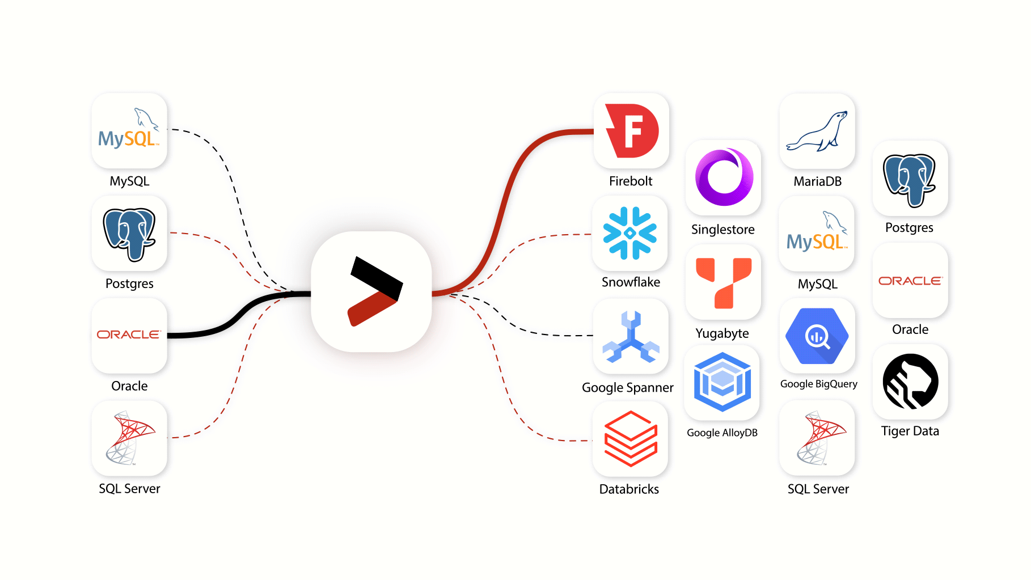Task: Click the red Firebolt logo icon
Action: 631,131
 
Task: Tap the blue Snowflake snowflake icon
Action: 630,233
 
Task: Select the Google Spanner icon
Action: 631,337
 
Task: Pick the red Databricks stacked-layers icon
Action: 631,439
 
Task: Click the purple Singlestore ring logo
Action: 724,177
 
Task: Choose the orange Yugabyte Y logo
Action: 723,282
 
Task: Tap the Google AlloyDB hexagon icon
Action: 722,382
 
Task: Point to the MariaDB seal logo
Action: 817,132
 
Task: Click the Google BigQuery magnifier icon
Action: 817,336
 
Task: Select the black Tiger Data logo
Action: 910,382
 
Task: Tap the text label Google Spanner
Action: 628,388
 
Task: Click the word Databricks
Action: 629,489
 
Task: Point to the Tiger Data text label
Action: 910,431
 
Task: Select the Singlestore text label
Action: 723,230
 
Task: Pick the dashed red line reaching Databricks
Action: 510,397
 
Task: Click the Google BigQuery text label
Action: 819,384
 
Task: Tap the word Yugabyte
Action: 722,333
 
